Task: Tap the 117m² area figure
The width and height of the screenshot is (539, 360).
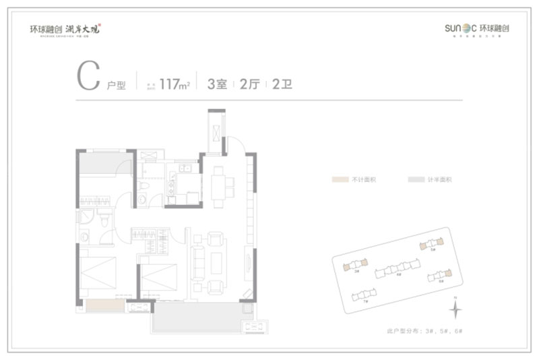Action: pyautogui.click(x=175, y=84)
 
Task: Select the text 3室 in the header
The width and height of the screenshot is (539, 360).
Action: pyautogui.click(x=216, y=84)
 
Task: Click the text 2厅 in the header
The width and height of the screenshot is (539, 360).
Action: pyautogui.click(x=249, y=84)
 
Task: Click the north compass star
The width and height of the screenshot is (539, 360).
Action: pyautogui.click(x=456, y=309)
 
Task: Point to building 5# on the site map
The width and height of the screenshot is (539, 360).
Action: pyautogui.click(x=431, y=244)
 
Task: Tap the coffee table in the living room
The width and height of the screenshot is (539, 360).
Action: pyautogui.click(x=216, y=263)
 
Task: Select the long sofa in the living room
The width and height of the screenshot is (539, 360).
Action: pyautogui.click(x=199, y=262)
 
